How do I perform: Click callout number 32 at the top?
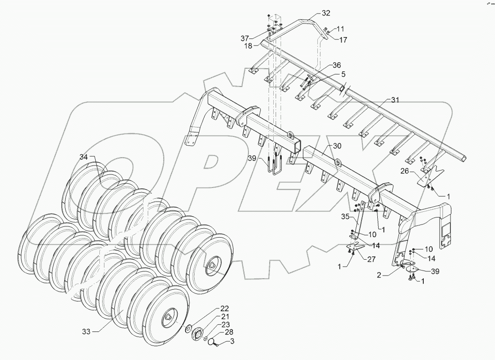click(x=326, y=13)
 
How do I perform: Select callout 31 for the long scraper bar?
click(x=396, y=100)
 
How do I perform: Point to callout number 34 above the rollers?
click(x=83, y=157)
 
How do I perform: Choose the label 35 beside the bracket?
click(x=345, y=217)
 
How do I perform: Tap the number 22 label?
click(x=225, y=308)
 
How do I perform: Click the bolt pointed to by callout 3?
click(x=216, y=345)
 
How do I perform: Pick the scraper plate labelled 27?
click(x=358, y=248)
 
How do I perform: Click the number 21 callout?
click(x=225, y=316)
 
